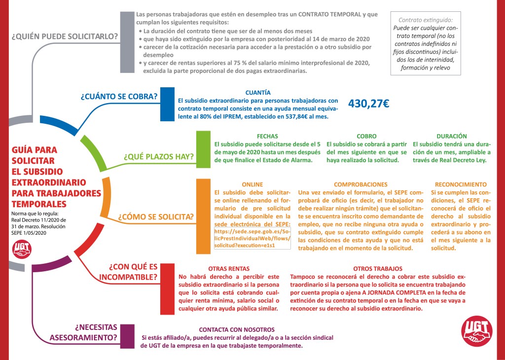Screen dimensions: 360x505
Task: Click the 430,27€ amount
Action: point(369,104)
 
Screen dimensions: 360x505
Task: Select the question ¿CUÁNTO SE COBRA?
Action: point(119,96)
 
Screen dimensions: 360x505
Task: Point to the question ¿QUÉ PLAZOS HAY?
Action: point(159,157)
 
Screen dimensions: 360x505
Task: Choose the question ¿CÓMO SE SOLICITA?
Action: point(155,217)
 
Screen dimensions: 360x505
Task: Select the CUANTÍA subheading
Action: point(258,92)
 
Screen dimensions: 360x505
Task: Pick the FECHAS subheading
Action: point(267,136)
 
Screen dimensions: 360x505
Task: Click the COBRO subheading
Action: point(366,136)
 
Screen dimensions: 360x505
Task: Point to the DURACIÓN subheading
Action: point(451,136)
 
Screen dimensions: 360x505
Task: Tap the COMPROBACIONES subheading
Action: point(361,184)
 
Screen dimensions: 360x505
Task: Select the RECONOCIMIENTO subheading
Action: point(461,184)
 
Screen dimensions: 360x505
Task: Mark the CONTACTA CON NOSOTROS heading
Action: point(237,329)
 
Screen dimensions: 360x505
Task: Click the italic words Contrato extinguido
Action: point(425,21)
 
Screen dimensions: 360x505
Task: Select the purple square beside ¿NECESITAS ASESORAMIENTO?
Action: point(127,336)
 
